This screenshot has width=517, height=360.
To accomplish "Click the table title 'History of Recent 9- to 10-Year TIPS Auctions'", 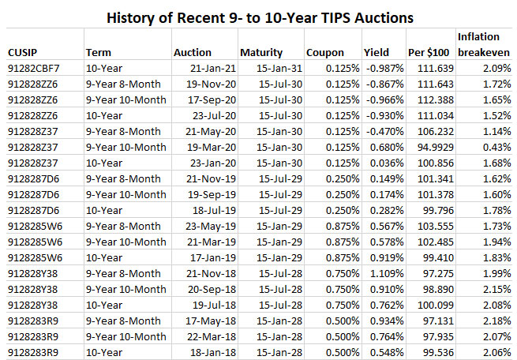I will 259,15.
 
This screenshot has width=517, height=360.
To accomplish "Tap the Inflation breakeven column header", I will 483,44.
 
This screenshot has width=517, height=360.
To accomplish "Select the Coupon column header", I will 324,52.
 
